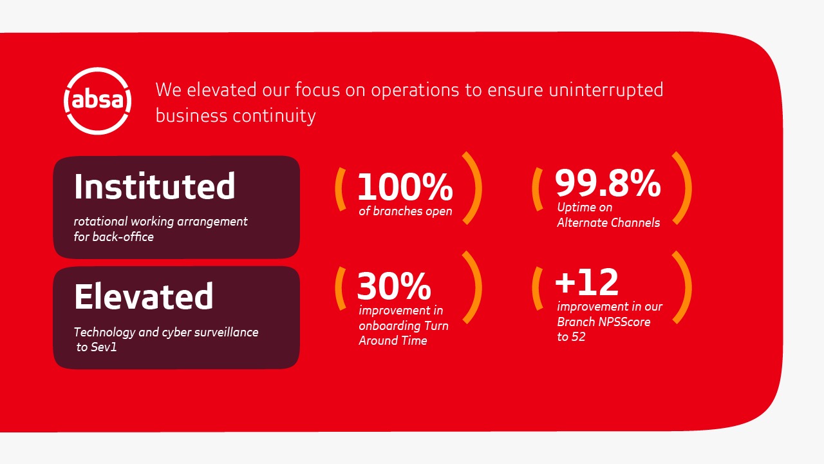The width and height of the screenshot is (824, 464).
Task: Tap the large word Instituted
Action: (154, 186)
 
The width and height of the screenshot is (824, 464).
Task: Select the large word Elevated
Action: (144, 296)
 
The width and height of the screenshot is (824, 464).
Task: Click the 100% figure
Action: (405, 187)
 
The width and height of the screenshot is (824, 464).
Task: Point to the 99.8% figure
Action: (608, 182)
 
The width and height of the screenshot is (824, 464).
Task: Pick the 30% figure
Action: (394, 285)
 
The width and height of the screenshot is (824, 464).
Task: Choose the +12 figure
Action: (586, 282)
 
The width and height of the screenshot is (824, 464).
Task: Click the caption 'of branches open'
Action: (406, 211)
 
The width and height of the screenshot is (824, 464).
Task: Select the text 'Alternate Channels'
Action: (608, 222)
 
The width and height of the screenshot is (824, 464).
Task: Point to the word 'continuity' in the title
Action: (274, 116)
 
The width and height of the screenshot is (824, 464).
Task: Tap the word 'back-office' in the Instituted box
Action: (123, 237)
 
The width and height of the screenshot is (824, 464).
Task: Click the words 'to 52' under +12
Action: (571, 337)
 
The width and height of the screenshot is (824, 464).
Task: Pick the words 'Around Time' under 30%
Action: (393, 341)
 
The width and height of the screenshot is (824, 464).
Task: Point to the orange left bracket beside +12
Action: (536, 288)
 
